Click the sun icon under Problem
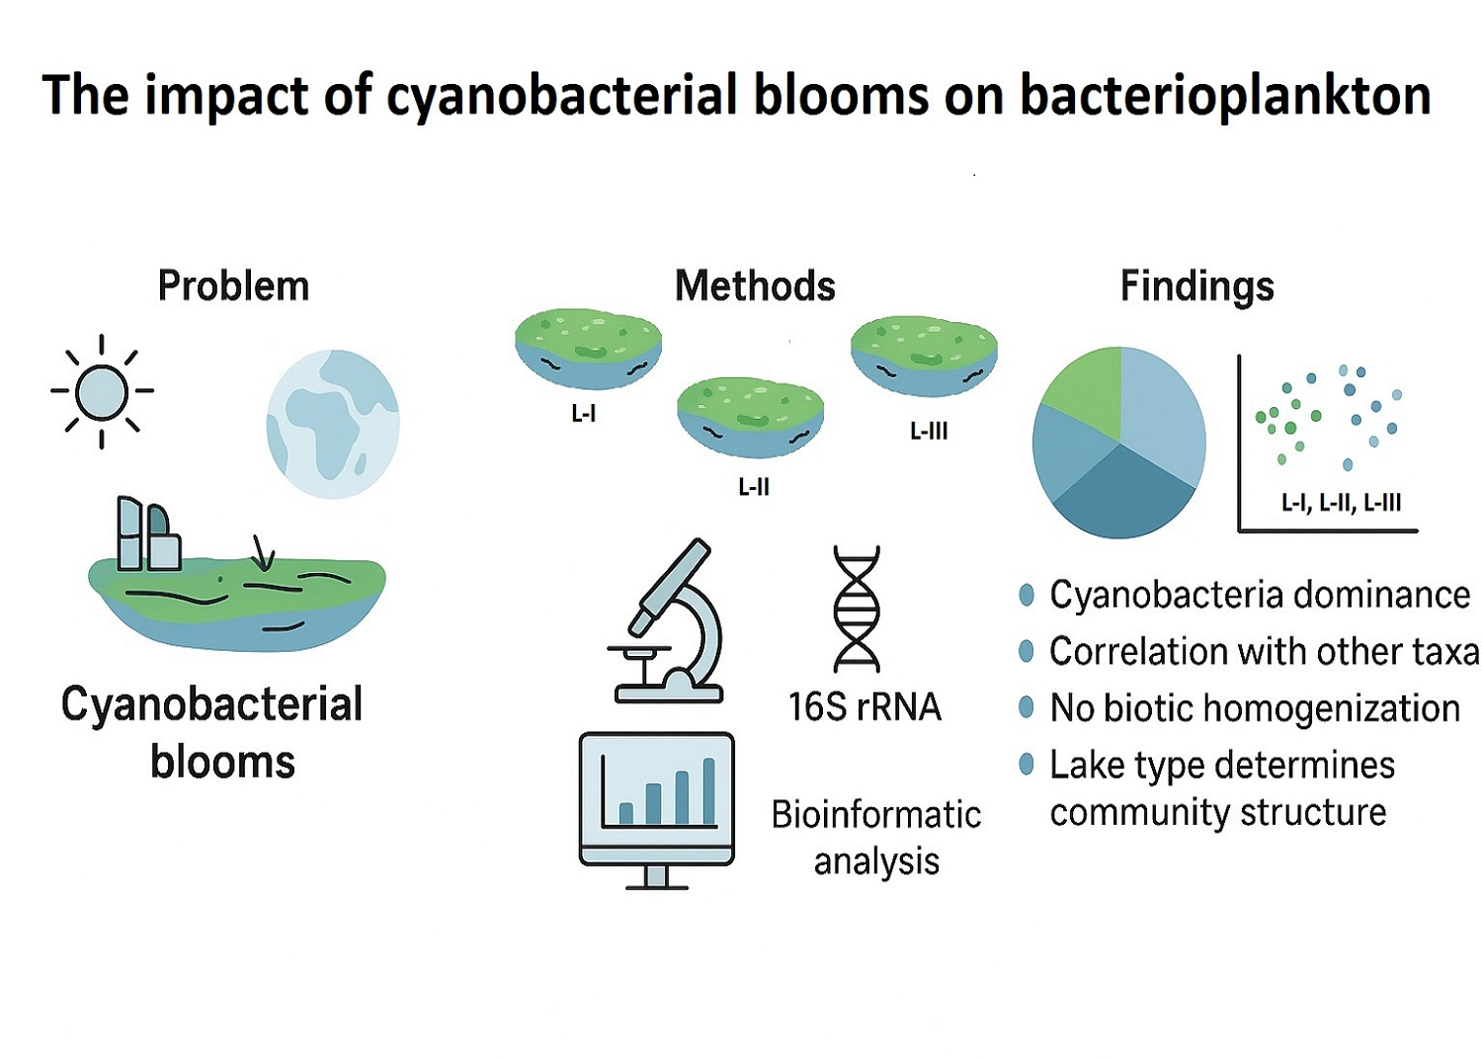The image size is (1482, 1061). point(102,391)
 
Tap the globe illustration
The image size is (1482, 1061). point(333,424)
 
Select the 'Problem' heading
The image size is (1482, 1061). point(233,286)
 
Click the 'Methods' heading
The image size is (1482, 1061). point(755,286)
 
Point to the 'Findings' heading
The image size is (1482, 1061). point(1196,286)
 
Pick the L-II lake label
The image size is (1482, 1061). point(754,487)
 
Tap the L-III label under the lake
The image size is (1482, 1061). point(929,432)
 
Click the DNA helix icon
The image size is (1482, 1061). point(856,610)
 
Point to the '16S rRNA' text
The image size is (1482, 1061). point(864,707)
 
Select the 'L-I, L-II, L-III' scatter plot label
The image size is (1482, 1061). point(1341,503)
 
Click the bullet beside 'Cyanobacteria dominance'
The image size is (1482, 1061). point(1027,595)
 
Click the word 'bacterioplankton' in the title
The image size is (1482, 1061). point(1225,96)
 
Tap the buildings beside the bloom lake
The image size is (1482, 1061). point(148,534)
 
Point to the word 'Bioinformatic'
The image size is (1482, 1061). point(876,815)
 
